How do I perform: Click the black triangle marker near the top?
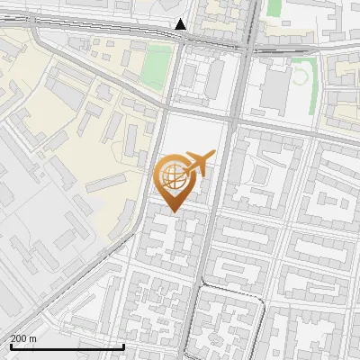(181, 24)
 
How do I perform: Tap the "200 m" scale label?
(23, 338)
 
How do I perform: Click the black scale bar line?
(67, 346)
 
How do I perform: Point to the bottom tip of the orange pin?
(173, 212)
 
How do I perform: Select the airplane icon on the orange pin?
(198, 163)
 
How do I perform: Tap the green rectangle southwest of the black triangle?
(157, 67)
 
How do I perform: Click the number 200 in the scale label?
(18, 338)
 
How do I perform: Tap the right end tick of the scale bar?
(123, 345)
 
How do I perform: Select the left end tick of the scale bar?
(10, 345)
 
